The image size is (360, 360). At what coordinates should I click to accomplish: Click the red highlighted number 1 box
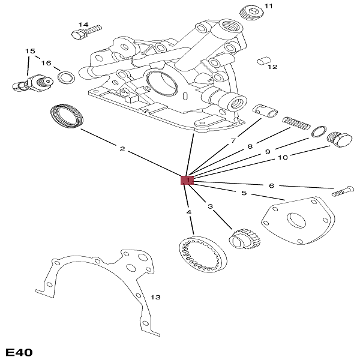coord(187,179)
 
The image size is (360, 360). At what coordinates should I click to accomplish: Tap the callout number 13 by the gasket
coord(155,298)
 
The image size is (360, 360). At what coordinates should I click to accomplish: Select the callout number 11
coord(268,6)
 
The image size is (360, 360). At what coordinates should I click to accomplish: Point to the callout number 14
coord(83,25)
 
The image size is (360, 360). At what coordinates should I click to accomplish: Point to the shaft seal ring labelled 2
coord(66,115)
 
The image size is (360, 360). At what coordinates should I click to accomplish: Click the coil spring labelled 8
coord(296,123)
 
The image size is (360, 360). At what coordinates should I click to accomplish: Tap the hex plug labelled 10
coord(340,139)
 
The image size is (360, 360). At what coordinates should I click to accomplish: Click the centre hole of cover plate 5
coord(296,220)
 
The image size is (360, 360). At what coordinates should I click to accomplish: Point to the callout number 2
coord(122,149)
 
